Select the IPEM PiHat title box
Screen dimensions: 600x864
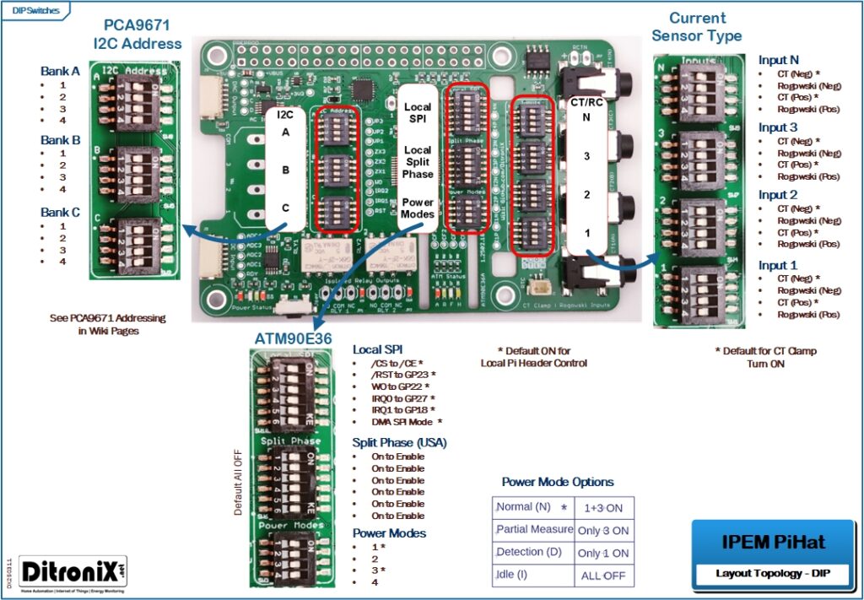click(762, 541)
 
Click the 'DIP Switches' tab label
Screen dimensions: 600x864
click(35, 9)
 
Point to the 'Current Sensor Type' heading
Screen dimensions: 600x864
click(697, 27)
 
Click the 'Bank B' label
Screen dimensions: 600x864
click(60, 140)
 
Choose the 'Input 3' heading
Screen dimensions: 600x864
click(778, 127)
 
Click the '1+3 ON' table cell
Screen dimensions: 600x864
click(602, 508)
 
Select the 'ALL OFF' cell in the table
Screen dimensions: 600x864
click(602, 576)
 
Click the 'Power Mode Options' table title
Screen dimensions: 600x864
click(558, 482)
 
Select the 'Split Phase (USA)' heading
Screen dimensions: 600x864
click(399, 442)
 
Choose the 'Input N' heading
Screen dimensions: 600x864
click(778, 60)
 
